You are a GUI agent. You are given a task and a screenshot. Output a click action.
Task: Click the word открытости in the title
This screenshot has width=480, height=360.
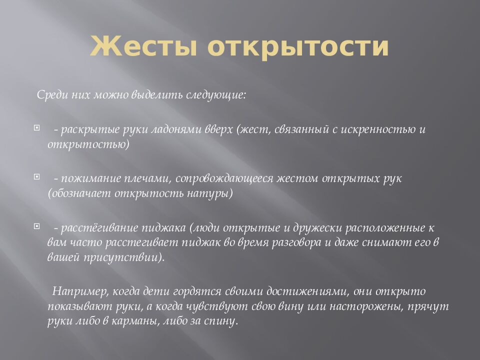coord(297,47)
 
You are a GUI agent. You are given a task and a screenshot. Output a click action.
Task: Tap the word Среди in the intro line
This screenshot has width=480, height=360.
coord(50,95)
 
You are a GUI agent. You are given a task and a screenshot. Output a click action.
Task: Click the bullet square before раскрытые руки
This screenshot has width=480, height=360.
coord(36,128)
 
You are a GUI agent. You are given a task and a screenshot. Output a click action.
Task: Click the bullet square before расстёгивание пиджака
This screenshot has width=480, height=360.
coord(36,226)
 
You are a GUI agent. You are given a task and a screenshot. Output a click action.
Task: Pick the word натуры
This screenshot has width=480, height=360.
coord(214,192)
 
